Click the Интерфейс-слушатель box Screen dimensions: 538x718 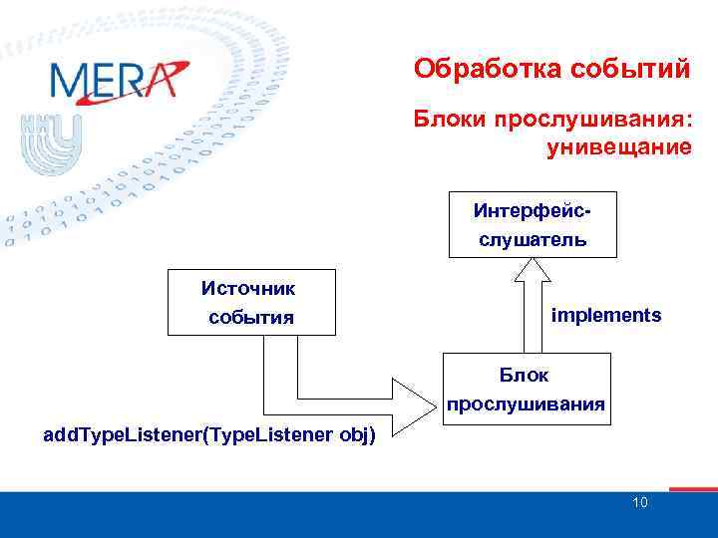tap(533, 224)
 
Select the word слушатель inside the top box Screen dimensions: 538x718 tap(533, 240)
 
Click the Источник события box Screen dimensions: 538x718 tap(250, 302)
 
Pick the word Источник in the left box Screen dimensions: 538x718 tap(250, 288)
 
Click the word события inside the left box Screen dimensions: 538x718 tap(250, 318)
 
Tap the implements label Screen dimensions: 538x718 tap(605, 315)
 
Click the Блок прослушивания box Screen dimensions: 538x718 tap(525, 389)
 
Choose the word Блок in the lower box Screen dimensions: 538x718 tap(525, 375)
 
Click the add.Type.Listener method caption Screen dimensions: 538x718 tap(210, 436)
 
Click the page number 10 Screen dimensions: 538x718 tap(639, 502)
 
